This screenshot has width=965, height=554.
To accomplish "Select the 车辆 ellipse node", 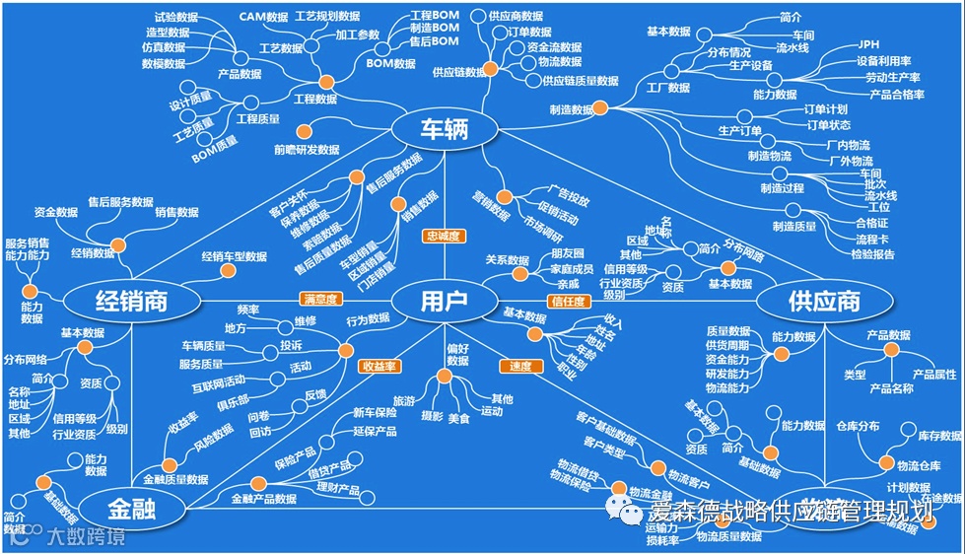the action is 443,129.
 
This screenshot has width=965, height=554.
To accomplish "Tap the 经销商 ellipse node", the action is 131,300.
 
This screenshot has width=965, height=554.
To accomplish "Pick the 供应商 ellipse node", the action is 824,301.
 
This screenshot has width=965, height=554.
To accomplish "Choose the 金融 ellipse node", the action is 132,510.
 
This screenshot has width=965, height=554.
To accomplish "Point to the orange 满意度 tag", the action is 320,298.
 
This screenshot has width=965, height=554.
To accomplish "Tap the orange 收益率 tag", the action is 379,366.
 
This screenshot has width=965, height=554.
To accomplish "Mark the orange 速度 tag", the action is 520,366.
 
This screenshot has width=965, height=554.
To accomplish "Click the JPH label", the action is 868,44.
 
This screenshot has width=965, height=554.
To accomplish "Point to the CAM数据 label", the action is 263,17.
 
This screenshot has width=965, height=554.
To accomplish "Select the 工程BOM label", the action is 434,15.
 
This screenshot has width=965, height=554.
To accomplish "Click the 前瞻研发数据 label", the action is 307,150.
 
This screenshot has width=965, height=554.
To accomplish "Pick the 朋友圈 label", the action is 567,253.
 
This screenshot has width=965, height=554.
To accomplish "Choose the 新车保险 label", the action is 374,413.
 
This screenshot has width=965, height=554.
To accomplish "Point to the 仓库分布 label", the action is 858,426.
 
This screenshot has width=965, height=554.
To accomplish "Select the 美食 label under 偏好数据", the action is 458,418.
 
